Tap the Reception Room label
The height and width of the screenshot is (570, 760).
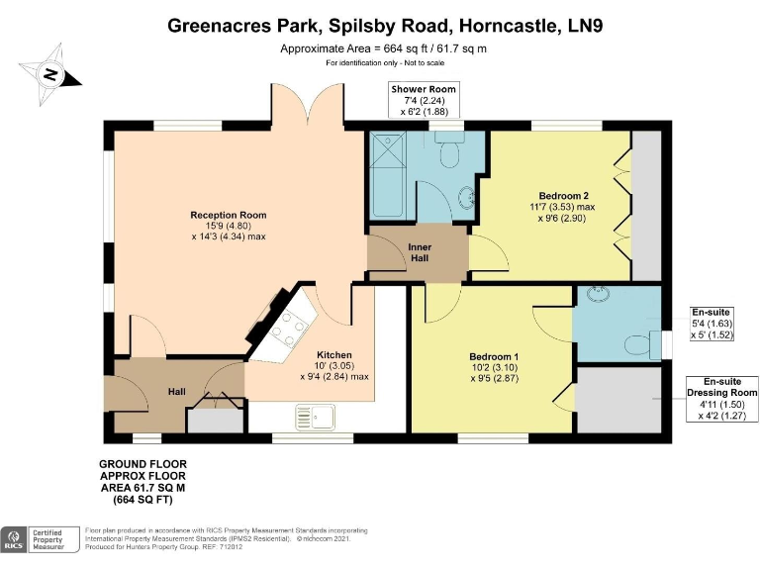[229, 215]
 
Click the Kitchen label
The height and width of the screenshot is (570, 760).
[333, 355]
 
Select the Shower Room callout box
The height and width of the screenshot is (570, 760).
[423, 100]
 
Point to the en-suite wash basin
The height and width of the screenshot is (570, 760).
[599, 294]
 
